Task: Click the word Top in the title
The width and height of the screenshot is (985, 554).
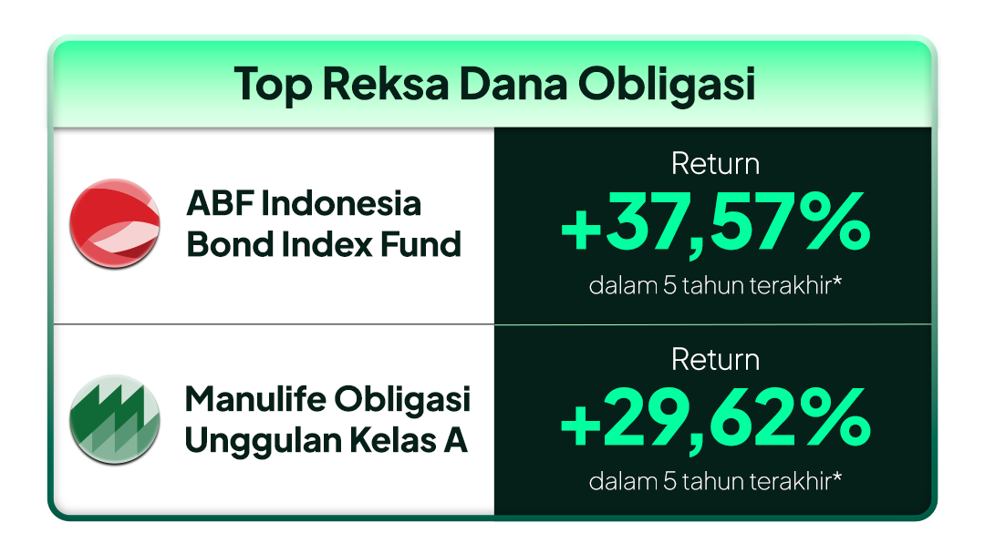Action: click(273, 85)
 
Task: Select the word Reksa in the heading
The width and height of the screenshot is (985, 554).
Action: click(386, 84)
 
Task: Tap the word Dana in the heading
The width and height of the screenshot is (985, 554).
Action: click(513, 84)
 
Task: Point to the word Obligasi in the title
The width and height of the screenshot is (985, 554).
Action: click(666, 85)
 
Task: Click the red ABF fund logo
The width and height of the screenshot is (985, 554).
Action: click(114, 224)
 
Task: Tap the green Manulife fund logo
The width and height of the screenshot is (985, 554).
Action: click(114, 420)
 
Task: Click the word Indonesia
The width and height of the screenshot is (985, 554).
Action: click(340, 204)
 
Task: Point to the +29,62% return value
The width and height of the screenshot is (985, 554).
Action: click(715, 420)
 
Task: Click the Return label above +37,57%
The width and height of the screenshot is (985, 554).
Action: click(715, 164)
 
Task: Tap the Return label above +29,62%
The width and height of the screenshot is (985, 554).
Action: click(715, 360)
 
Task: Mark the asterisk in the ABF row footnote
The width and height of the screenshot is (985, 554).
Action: click(836, 281)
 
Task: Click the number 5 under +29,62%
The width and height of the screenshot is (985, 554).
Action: click(669, 482)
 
